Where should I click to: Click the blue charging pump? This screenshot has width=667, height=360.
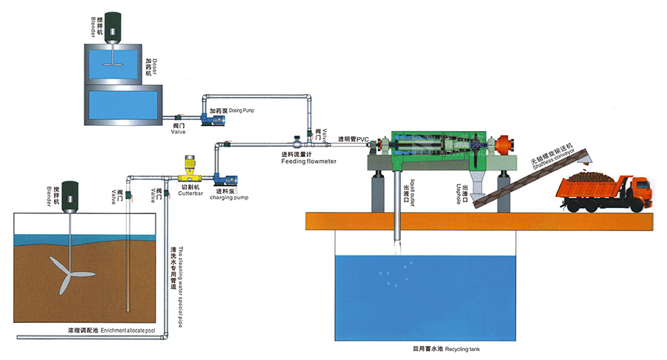tap(222, 178)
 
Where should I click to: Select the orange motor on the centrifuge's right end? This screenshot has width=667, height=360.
tap(505, 143)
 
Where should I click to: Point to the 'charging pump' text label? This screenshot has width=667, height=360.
tap(229, 199)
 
